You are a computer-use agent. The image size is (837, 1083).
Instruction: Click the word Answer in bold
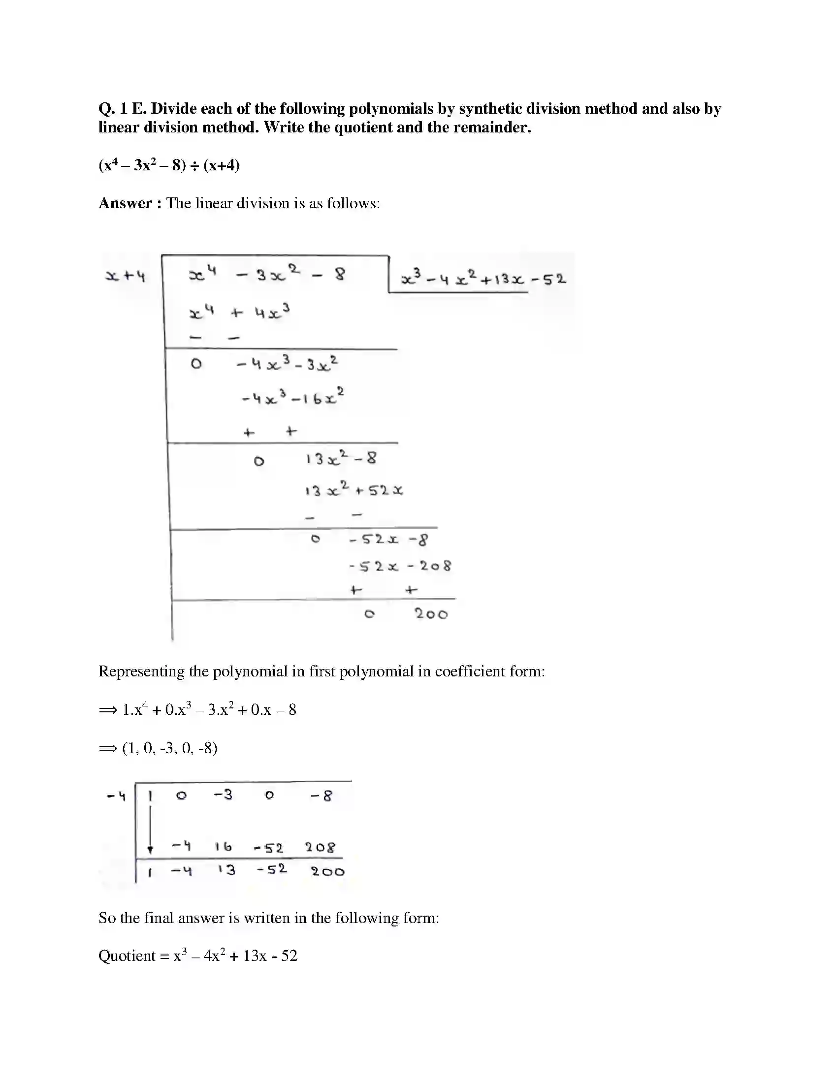click(125, 203)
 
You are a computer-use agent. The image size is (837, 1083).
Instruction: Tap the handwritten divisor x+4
click(125, 275)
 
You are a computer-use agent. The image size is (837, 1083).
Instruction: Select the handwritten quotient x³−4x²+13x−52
click(483, 279)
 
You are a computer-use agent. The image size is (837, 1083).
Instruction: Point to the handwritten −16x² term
click(318, 398)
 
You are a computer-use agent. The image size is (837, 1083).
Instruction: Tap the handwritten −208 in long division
click(429, 566)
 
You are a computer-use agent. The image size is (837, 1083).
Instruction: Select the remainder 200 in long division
click(431, 614)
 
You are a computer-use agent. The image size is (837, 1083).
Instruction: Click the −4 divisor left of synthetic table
click(116, 796)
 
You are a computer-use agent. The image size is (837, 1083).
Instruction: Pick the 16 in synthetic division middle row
click(223, 847)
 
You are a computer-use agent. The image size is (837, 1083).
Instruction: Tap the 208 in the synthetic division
click(320, 848)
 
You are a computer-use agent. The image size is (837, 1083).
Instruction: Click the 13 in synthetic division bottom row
click(226, 870)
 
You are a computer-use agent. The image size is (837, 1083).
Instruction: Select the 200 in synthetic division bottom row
click(327, 872)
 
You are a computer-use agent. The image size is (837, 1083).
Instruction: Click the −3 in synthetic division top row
click(223, 795)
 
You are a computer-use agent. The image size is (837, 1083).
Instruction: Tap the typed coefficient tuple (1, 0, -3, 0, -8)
click(169, 748)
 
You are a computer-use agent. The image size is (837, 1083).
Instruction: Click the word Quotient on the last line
click(127, 956)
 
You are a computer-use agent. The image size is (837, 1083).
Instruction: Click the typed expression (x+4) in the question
click(221, 165)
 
